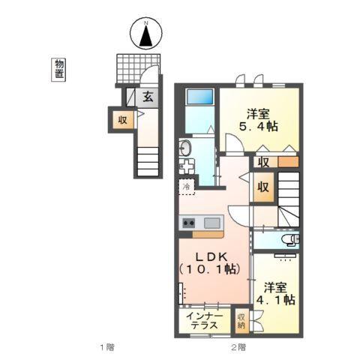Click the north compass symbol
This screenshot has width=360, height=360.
tap(147, 33)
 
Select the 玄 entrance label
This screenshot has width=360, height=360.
tap(148, 96)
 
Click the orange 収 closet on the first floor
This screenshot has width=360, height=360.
tap(121, 119)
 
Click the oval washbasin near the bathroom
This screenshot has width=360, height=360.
tap(185, 148)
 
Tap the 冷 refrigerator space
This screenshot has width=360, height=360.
tap(185, 185)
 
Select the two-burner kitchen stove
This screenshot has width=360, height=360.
tap(187, 223)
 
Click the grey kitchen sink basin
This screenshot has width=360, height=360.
tap(211, 223)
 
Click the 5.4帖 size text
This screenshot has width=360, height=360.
tap(259, 127)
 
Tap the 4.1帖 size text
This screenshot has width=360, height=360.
tap(275, 299)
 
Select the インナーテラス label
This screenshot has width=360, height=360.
tap(205, 322)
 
